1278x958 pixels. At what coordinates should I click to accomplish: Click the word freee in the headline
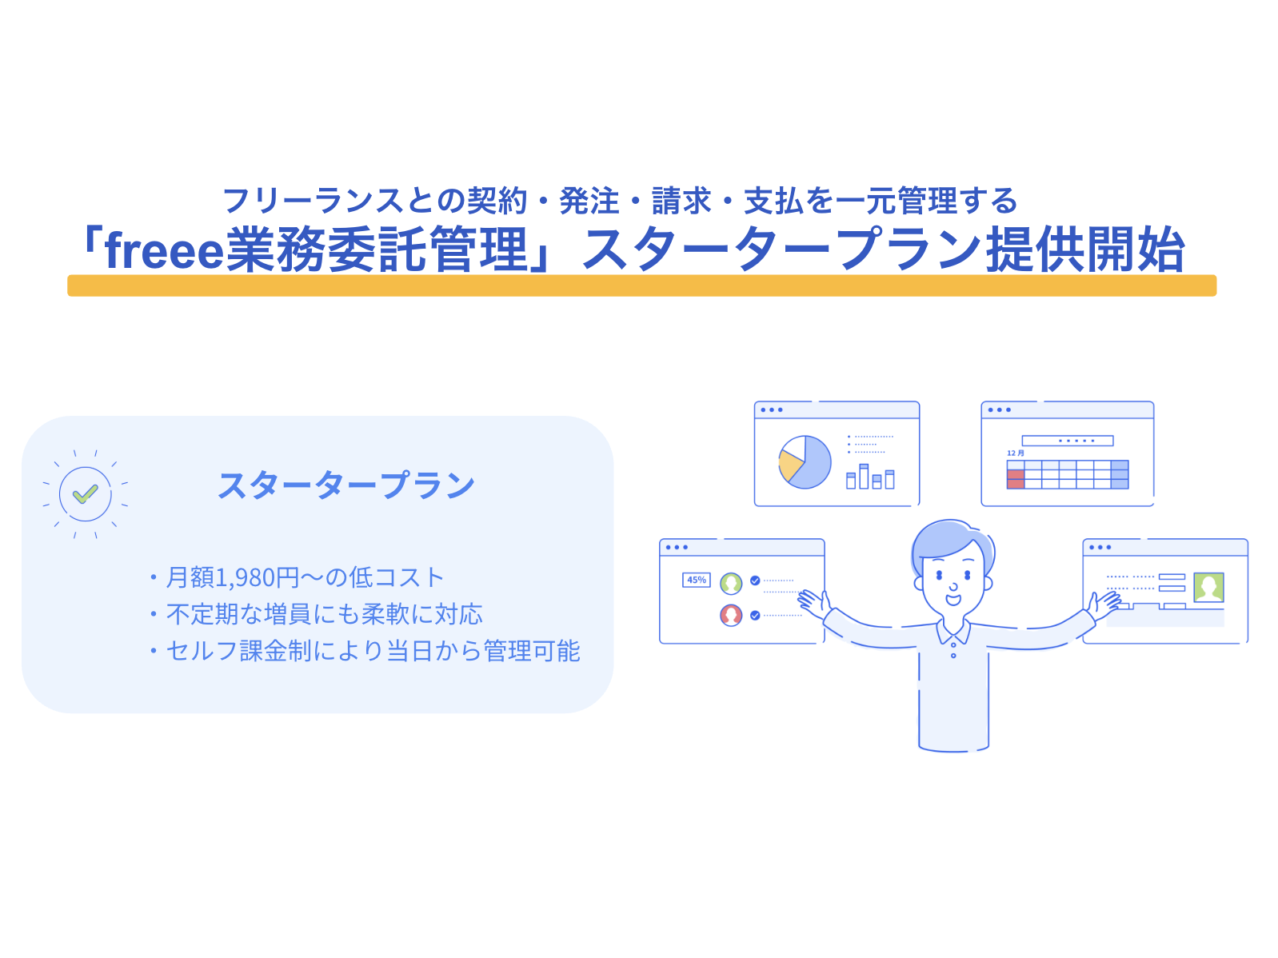[x=164, y=251]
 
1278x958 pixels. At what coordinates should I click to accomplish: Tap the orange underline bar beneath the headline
[x=641, y=285]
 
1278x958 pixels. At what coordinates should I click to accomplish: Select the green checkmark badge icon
[x=85, y=494]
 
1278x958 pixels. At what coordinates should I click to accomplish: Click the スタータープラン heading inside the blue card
[x=346, y=485]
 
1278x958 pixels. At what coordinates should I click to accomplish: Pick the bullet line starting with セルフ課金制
[x=371, y=651]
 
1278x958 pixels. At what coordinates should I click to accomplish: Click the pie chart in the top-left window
[x=805, y=462]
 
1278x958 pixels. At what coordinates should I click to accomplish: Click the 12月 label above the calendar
[x=1015, y=453]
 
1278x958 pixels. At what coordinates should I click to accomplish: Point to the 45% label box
[x=696, y=580]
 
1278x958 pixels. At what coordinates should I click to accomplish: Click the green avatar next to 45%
[x=731, y=583]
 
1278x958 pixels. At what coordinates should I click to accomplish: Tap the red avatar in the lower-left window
[x=731, y=615]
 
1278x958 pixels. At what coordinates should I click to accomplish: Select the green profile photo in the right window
[x=1208, y=587]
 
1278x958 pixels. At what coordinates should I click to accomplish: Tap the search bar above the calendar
[x=1067, y=441]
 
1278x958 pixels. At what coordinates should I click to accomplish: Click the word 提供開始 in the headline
[x=1084, y=251]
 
